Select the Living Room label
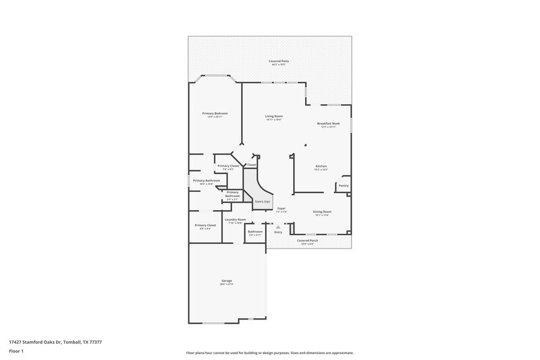click(273, 116)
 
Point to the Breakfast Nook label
click(328, 124)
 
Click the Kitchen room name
click(321, 166)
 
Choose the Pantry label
click(344, 185)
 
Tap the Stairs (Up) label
click(263, 201)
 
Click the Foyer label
click(281, 209)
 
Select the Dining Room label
click(322, 211)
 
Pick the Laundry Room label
click(236, 219)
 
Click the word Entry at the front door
click(278, 232)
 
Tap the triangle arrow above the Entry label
click(278, 226)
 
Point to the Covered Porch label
click(307, 240)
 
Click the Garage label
click(226, 280)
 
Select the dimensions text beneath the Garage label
click(226, 284)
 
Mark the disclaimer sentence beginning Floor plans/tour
click(270, 353)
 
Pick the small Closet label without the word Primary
click(251, 165)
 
